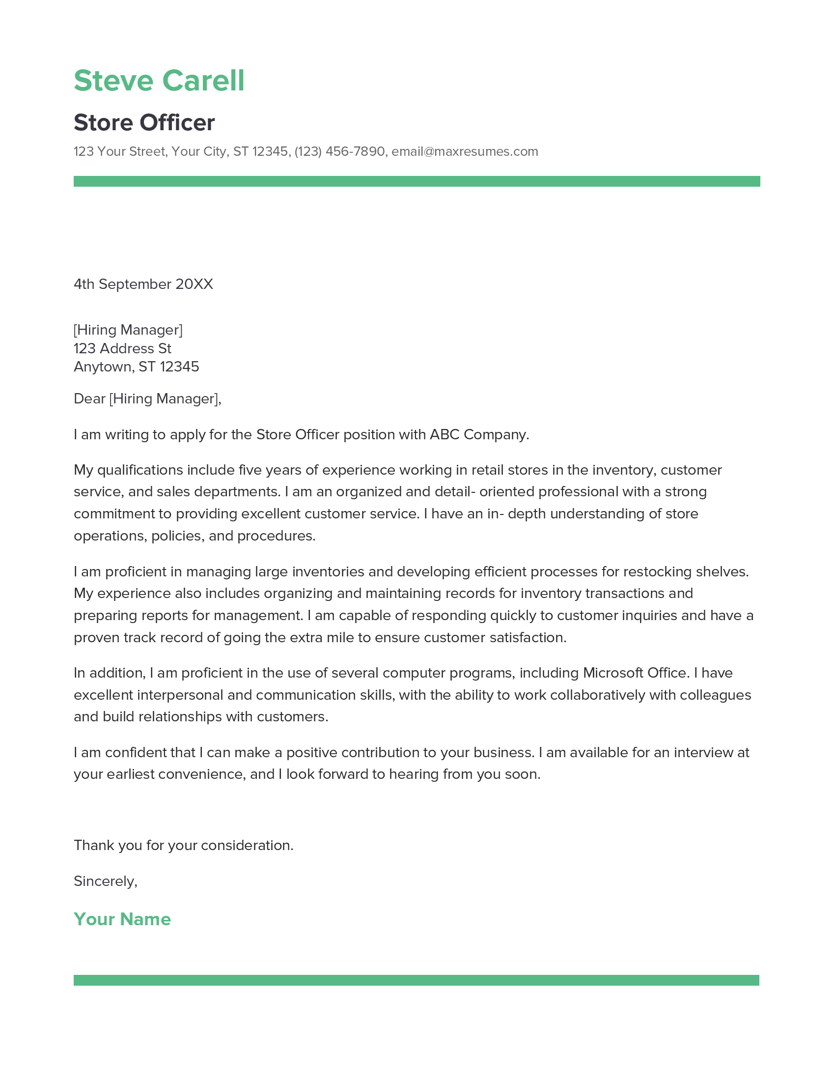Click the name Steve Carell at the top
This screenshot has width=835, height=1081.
[159, 81]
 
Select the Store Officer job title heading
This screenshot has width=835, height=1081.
[144, 123]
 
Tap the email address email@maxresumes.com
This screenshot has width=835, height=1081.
[465, 151]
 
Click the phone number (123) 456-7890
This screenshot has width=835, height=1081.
[339, 151]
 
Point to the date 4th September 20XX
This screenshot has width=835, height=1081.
[143, 284]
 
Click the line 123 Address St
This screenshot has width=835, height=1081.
[122, 348]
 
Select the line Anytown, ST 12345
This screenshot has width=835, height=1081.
[136, 367]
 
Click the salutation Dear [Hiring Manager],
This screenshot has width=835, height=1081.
[147, 398]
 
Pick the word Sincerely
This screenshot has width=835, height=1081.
[104, 881]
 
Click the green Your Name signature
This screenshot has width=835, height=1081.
[122, 919]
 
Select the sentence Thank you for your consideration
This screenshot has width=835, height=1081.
[184, 845]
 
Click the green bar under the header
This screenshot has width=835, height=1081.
[417, 181]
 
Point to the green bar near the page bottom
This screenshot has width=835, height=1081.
[417, 980]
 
